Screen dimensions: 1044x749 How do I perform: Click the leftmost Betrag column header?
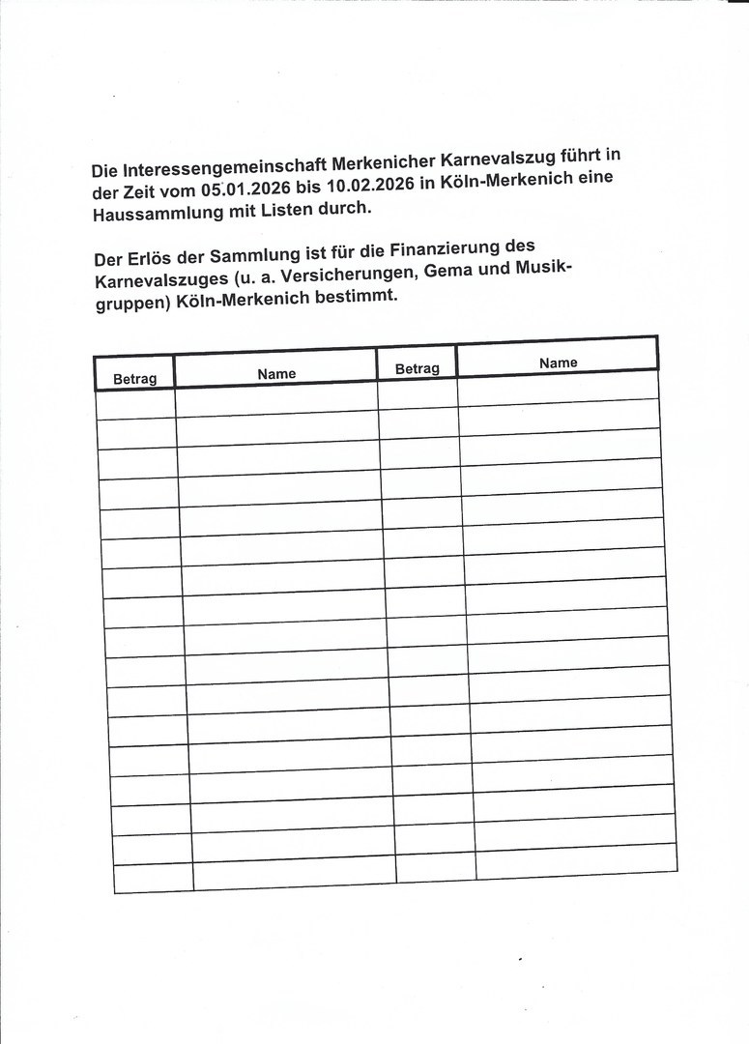click(134, 378)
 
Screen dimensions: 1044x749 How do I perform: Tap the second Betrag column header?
click(417, 368)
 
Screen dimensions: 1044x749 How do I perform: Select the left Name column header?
click(276, 373)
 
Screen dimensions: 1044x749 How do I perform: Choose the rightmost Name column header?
click(558, 362)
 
